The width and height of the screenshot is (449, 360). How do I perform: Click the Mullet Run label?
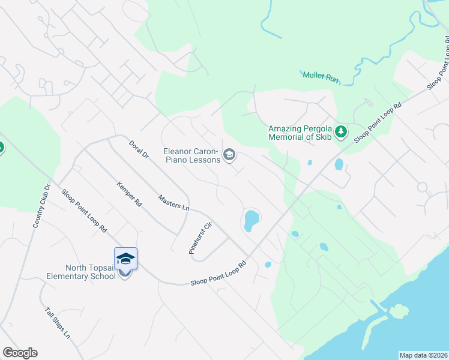pos(322,75)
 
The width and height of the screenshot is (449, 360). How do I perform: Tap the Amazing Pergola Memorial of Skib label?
pos(300,133)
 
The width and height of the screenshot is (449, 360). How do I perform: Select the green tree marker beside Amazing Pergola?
pos(341,131)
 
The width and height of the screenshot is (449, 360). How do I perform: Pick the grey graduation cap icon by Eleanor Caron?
pos(229,155)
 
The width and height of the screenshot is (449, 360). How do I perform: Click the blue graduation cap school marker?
pos(125,259)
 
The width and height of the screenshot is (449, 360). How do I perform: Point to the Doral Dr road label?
pos(139,149)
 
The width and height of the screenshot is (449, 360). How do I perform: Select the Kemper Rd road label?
pos(129,194)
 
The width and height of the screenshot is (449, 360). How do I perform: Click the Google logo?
pos(20,353)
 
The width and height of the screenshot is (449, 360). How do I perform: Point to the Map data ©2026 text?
pos(423,355)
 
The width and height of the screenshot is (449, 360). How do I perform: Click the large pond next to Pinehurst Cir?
pos(251,220)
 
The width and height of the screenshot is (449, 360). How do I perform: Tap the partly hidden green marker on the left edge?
pos(1,147)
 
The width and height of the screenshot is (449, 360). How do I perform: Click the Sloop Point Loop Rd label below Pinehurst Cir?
pos(218,273)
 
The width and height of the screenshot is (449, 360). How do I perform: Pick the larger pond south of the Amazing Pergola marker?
pos(339,164)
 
